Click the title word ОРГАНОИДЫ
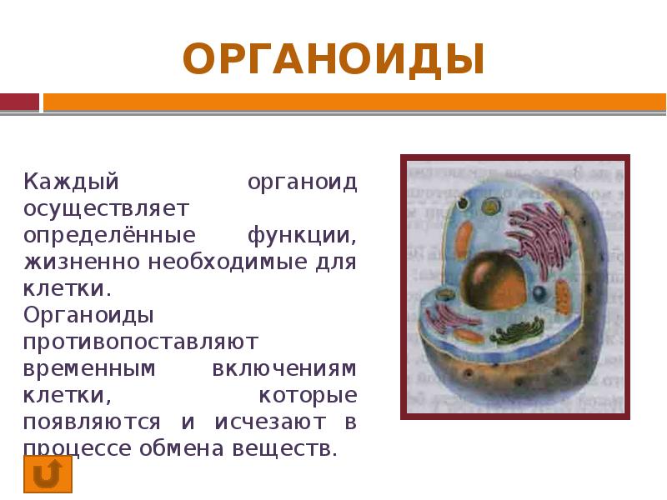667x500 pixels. point(333,60)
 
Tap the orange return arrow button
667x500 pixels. point(48,474)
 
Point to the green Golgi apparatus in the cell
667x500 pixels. point(518,333)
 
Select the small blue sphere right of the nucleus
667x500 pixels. point(539,293)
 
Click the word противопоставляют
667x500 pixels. point(141,342)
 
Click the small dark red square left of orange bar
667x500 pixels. point(19,102)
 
